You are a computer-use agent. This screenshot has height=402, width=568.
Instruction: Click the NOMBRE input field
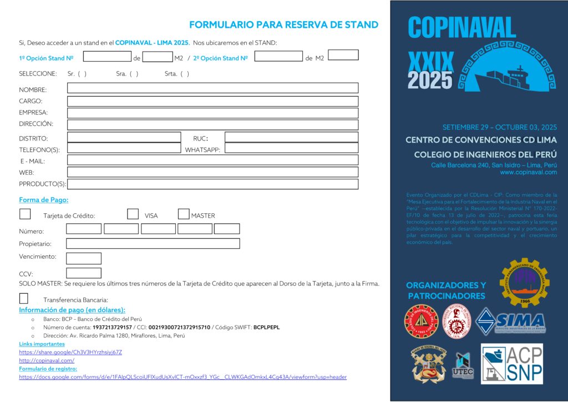(x=212, y=88)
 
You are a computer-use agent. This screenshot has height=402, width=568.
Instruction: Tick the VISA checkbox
(x=133, y=214)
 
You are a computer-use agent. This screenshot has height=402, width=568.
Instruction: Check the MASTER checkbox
(x=184, y=214)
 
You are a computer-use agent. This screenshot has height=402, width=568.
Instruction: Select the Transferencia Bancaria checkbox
(x=24, y=298)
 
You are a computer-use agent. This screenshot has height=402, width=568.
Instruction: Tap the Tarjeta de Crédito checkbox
(x=25, y=214)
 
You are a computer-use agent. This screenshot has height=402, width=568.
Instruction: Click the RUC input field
(x=291, y=137)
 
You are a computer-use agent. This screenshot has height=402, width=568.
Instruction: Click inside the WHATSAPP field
(x=291, y=148)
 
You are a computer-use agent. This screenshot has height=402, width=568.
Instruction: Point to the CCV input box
(x=84, y=273)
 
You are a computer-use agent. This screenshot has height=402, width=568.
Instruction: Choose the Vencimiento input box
(x=84, y=258)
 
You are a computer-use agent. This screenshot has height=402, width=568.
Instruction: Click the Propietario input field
(x=153, y=244)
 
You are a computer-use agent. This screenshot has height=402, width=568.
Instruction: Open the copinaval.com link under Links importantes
(x=39, y=360)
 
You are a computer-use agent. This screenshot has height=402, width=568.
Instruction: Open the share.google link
(x=70, y=352)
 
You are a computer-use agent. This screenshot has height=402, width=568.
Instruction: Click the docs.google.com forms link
(x=182, y=377)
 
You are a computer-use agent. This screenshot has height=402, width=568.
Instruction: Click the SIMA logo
(x=511, y=321)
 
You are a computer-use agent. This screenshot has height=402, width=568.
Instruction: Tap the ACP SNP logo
(x=511, y=364)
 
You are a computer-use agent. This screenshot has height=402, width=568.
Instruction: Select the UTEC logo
(x=463, y=365)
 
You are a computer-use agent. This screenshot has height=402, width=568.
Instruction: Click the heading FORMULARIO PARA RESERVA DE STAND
(x=283, y=24)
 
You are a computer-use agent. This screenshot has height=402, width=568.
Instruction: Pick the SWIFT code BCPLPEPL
(x=266, y=328)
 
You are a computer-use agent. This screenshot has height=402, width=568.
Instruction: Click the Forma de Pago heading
(x=44, y=200)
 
